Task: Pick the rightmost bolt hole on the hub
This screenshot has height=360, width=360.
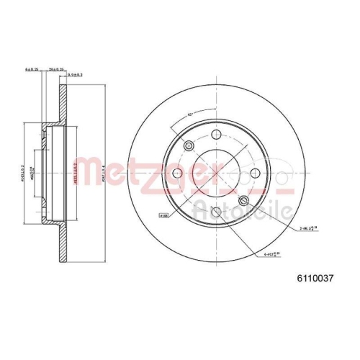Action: (252, 174)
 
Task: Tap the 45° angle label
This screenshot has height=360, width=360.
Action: (189, 113)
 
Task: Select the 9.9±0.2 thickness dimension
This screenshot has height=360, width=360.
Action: (76, 73)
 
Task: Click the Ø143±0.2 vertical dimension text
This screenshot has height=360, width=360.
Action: (22, 172)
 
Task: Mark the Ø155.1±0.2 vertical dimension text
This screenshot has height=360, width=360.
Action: (76, 172)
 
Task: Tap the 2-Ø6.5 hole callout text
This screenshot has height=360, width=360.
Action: (309, 228)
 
